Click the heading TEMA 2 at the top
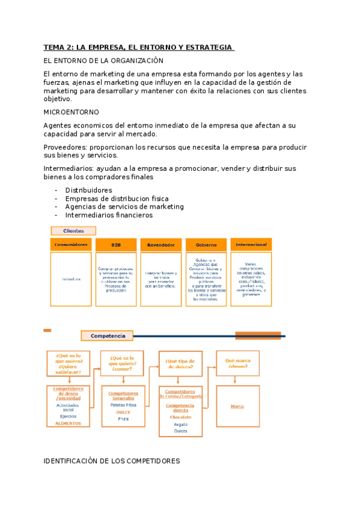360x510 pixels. pos(138,47)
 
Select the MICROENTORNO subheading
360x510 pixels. pos(72,112)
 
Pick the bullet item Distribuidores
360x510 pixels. pos(88,190)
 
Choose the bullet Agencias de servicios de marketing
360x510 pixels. pos(124,207)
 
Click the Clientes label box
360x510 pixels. pos(73,231)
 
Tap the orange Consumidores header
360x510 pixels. pos(71,245)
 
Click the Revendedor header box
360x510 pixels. pos(160,245)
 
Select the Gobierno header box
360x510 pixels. pos(206,245)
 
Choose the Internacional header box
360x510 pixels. pos(251,245)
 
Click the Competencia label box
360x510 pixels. pos(107,336)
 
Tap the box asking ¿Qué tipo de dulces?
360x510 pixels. pos(180,364)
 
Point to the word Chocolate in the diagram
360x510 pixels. pos(180,417)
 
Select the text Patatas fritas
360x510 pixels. pos(123,405)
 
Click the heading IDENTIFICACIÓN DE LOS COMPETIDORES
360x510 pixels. pos(112,461)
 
